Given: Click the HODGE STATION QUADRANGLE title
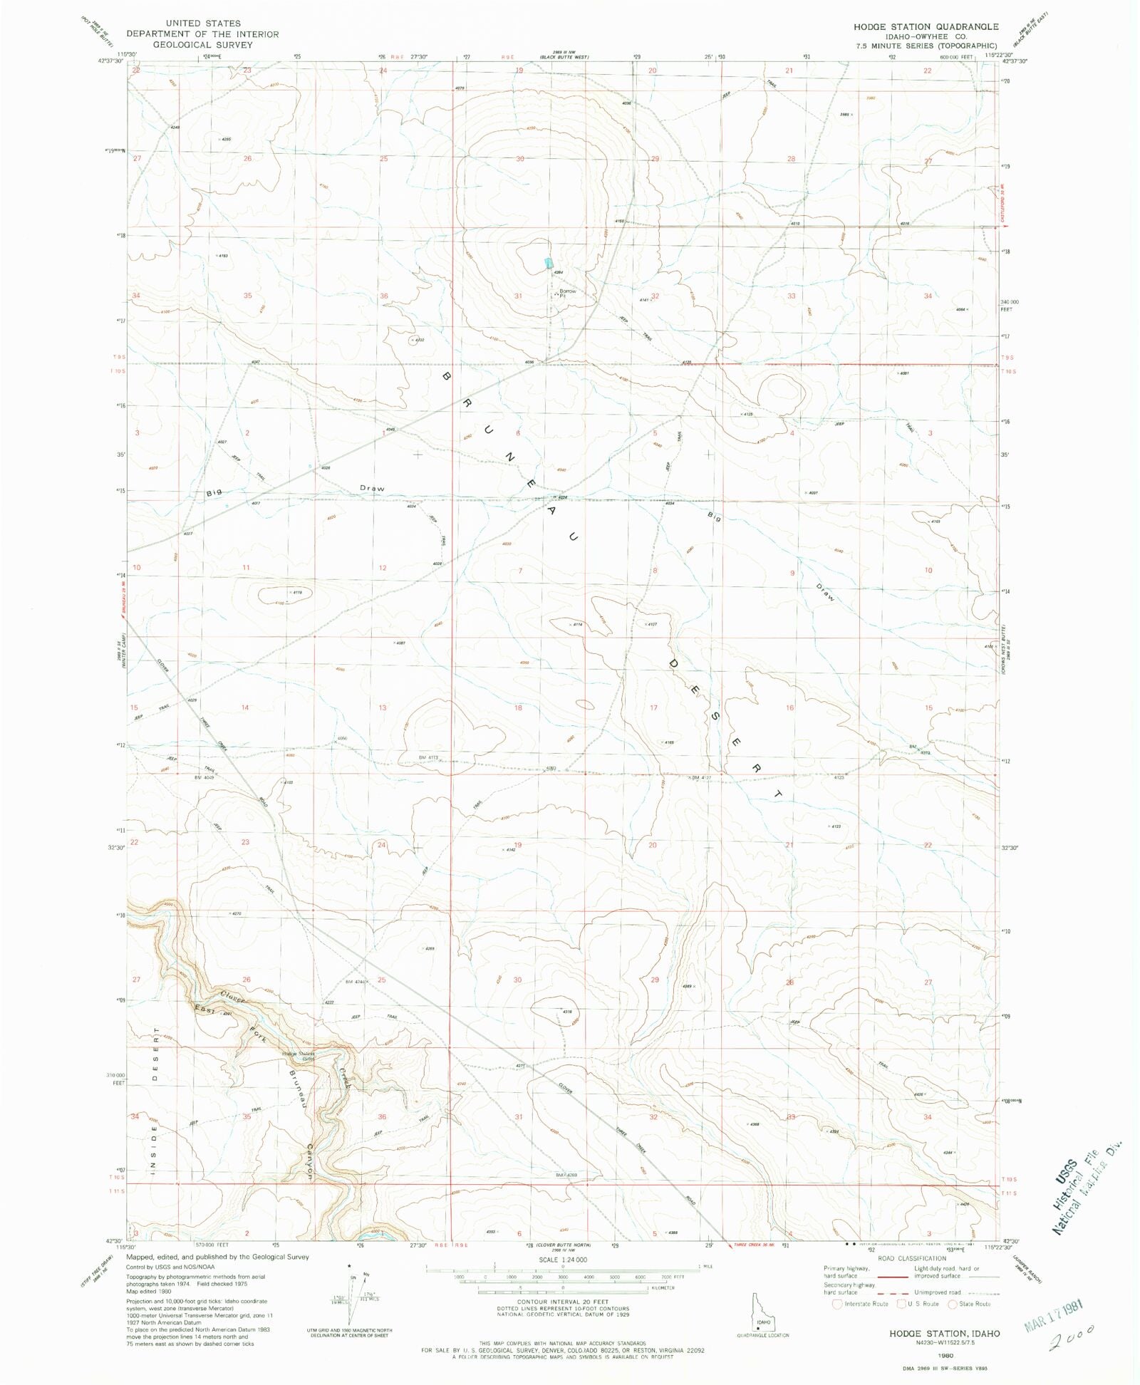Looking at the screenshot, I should (x=926, y=26).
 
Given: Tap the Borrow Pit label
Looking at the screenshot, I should (x=567, y=293).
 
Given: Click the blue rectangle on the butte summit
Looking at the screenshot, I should (x=549, y=263).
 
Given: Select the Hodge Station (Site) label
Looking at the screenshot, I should (x=298, y=1055).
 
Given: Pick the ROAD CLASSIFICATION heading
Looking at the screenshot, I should (x=912, y=1258).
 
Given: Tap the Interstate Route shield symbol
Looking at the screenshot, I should (x=836, y=1304).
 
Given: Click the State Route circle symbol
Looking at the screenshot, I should (x=953, y=1304).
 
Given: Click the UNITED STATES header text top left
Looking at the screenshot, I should (x=203, y=24).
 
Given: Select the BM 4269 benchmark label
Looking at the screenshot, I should (x=566, y=1175).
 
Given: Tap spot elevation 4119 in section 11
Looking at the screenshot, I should (x=296, y=592).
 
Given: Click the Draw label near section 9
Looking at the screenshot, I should (x=824, y=593).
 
